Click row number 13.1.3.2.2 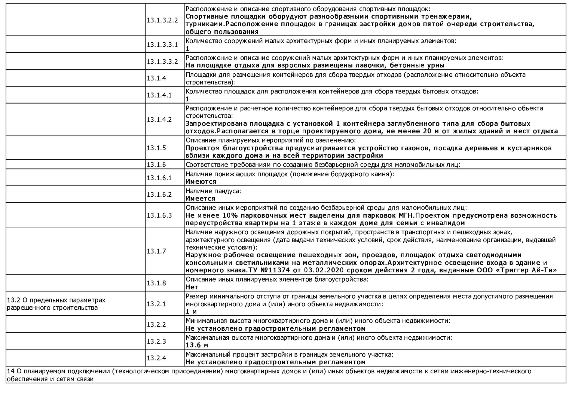tap(162, 20)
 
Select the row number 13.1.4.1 tap(159, 95)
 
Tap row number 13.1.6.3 tap(159, 215)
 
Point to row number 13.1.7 tap(156, 251)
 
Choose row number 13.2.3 tap(156, 341)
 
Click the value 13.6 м tap(197, 345)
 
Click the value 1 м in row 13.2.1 tap(191, 312)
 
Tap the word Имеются tap(201, 182)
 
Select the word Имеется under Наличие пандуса tap(201, 199)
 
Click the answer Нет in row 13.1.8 tap(192, 287)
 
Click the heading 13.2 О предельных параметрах tap(56, 300)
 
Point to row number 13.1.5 tap(156, 148)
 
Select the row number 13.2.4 tap(156, 358)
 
